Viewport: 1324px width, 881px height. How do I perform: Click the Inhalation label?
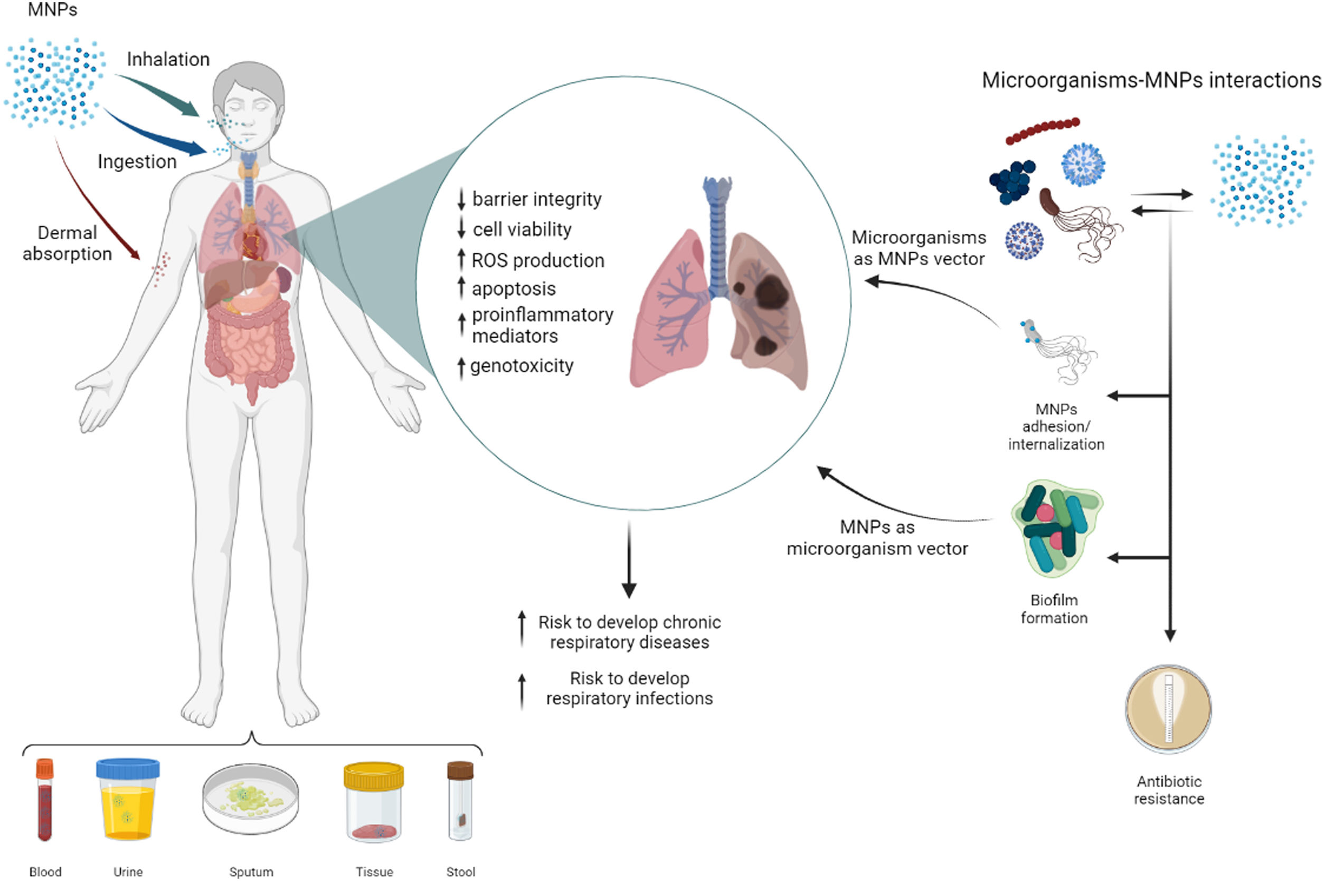tap(167, 60)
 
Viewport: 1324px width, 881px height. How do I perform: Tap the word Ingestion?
tap(137, 162)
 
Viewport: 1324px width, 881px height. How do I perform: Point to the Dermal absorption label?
tap(67, 243)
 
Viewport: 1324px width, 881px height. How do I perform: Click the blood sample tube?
tap(45, 801)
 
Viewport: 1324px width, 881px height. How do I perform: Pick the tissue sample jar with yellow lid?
tap(373, 802)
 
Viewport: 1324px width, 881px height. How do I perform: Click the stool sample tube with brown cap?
tap(460, 801)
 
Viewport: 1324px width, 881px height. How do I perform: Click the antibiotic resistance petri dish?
tap(1168, 709)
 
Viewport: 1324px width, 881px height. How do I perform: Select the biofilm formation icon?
tap(1056, 528)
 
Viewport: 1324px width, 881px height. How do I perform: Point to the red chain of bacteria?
tap(1042, 130)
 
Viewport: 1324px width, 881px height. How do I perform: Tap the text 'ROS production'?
tap(537, 261)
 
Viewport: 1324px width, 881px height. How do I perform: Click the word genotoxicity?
tap(522, 366)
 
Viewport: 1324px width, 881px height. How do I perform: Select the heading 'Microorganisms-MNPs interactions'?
tap(1151, 80)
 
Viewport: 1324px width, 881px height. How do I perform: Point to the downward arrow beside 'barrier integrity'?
tap(461, 200)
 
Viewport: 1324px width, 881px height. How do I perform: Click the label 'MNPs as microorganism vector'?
tap(877, 538)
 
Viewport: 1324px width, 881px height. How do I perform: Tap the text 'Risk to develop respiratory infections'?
tap(629, 688)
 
